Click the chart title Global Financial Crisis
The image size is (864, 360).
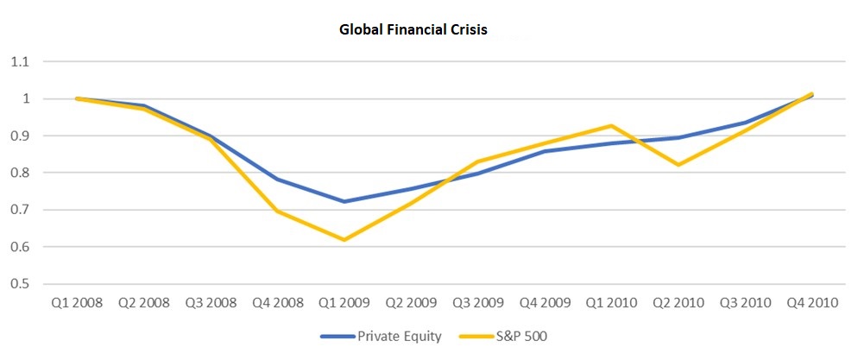(413, 30)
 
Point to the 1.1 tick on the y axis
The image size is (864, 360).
(19, 62)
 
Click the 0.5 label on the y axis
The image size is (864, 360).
(19, 284)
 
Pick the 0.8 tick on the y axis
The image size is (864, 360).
(19, 173)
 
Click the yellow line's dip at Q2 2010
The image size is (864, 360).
(678, 165)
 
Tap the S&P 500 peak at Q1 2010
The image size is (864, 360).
(612, 126)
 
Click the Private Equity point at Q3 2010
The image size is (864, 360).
(745, 123)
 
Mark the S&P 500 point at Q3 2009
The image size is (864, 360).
(478, 161)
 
